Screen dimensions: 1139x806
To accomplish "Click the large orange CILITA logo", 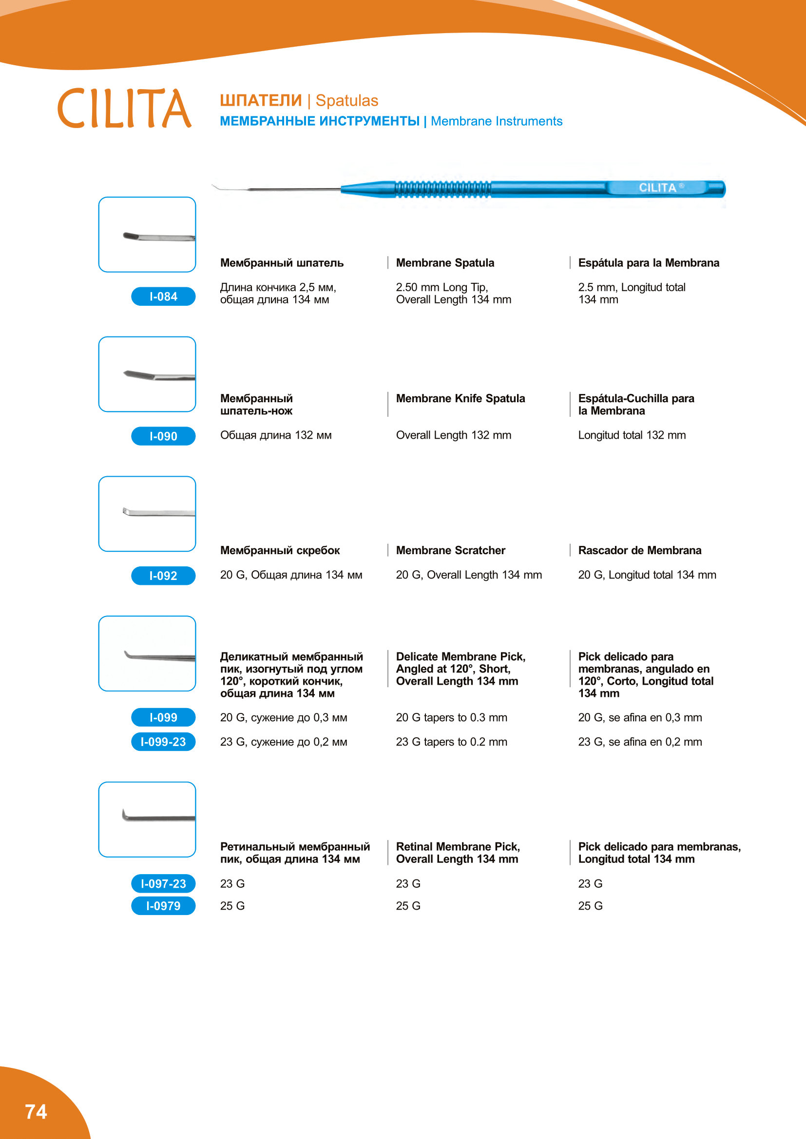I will pos(124,109).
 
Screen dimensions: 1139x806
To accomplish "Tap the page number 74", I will pos(36,1111).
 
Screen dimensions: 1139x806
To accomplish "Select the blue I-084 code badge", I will pos(163,297).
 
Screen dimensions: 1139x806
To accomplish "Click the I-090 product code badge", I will pos(163,436).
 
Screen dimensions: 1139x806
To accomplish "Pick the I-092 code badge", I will pos(163,576).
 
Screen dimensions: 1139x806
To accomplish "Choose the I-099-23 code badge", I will pos(163,742).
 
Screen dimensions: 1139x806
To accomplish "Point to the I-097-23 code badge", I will pos(163,883).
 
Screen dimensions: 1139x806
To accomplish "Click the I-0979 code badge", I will pos(163,906).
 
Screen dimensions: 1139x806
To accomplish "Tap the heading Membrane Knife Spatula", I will pos(460,398).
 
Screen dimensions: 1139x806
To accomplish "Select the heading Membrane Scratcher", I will pos(450,550).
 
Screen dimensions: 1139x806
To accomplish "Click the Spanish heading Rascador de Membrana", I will pos(639,550).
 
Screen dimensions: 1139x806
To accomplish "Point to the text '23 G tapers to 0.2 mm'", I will pos(451,742).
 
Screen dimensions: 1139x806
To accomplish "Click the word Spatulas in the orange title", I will pos(347,101).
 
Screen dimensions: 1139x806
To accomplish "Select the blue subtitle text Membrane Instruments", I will pos(496,122).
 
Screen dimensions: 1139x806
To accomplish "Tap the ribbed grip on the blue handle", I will pos(442,189).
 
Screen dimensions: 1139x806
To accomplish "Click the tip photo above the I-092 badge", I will pos(147,513).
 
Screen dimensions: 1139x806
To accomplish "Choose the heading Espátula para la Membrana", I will pos(648,263).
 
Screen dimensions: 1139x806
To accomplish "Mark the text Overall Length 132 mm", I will pos(453,435).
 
